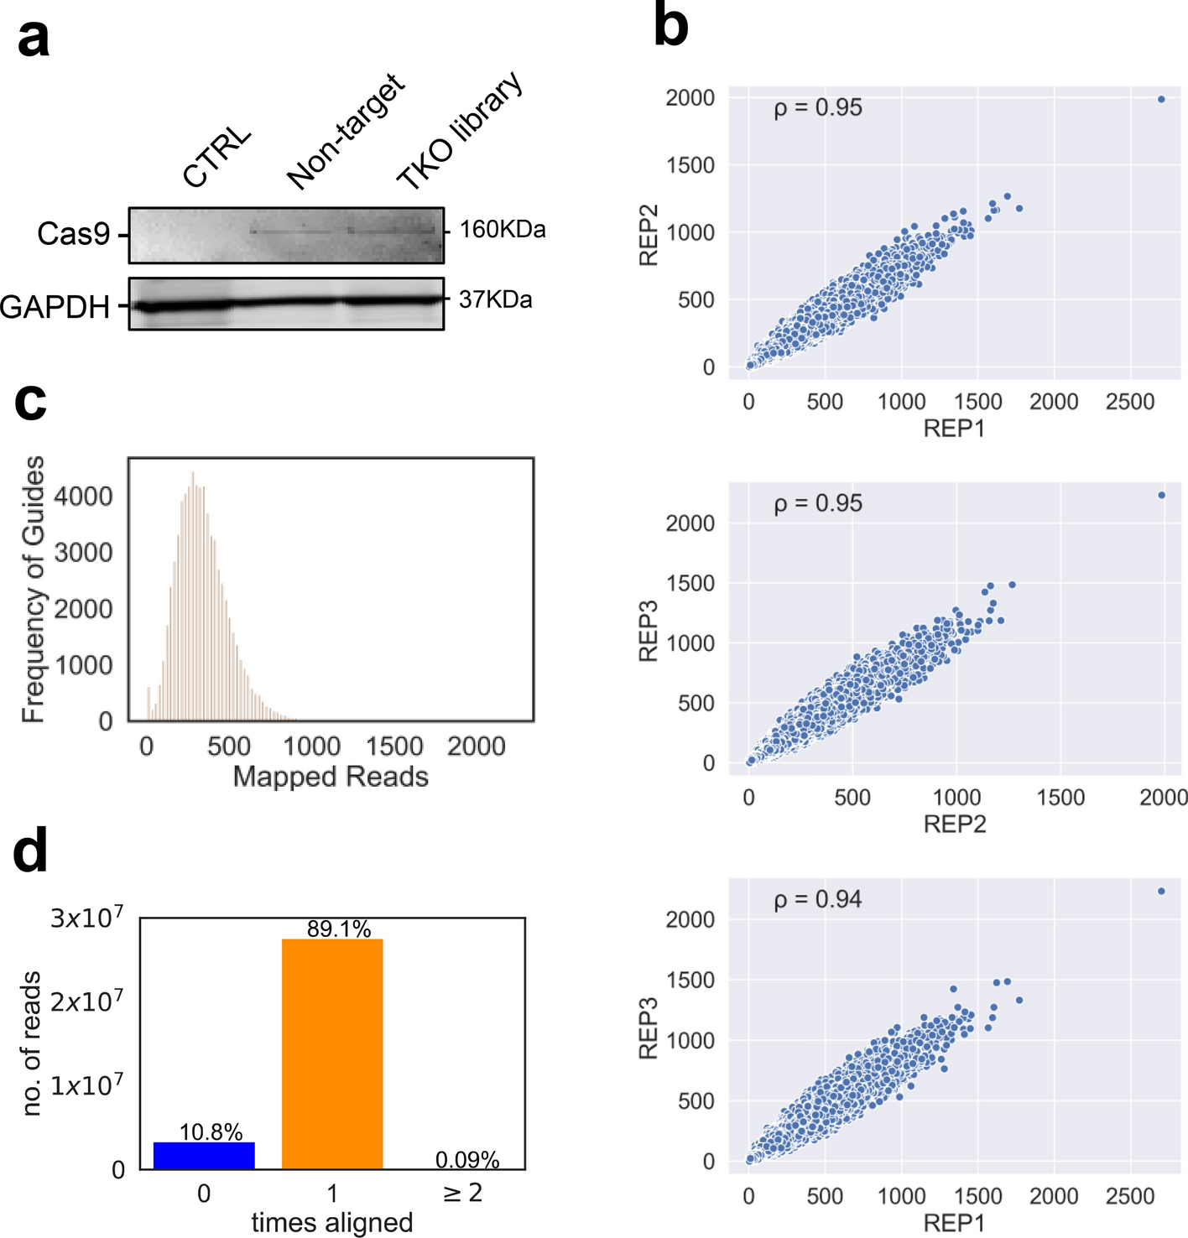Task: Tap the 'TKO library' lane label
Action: (460, 132)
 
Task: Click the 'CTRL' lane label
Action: (217, 159)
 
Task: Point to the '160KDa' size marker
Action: (503, 229)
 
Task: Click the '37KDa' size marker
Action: (495, 299)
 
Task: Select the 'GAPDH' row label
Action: (55, 307)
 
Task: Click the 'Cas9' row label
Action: (73, 234)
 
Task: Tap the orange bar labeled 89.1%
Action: (332, 1053)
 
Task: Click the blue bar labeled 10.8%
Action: (204, 1155)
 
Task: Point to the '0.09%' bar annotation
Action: (467, 1160)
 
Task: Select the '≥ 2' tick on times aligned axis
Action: (462, 1193)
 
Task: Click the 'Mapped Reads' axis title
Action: (331, 777)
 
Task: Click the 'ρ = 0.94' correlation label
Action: (818, 899)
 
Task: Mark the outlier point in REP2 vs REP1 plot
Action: (1161, 99)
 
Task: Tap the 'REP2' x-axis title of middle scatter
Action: (954, 824)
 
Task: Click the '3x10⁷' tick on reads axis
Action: (86, 918)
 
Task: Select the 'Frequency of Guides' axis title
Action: (34, 589)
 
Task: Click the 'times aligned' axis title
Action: (332, 1223)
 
